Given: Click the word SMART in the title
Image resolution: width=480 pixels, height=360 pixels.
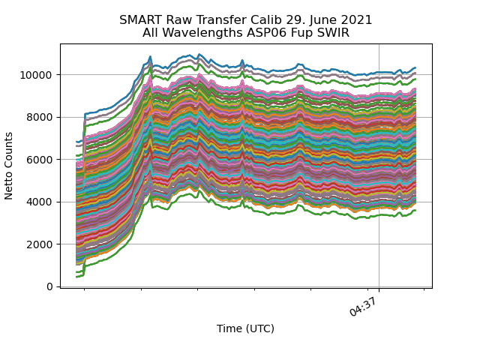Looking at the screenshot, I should pyautogui.click(x=139, y=20).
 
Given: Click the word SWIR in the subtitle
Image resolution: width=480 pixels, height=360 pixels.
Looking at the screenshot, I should pyautogui.click(x=333, y=33).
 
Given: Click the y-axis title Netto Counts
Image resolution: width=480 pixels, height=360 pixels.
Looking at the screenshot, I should pyautogui.click(x=10, y=166).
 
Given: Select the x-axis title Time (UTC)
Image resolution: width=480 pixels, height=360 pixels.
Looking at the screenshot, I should pyautogui.click(x=245, y=328).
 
